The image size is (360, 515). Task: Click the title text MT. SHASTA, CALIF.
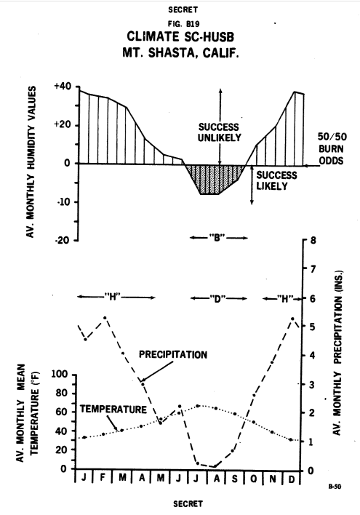point(180,52)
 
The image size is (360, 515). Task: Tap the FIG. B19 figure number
point(183,24)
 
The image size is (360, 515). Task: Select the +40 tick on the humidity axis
point(63,87)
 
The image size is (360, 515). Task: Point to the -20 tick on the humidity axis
point(63,240)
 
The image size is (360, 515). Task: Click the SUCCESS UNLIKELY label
point(220,132)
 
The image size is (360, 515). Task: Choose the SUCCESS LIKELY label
point(276,180)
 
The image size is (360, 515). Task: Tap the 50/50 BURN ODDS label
point(332,148)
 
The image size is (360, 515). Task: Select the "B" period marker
point(218,237)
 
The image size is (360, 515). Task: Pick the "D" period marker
point(218,298)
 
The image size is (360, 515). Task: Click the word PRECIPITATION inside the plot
point(173,355)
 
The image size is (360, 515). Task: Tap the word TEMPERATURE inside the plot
point(113,410)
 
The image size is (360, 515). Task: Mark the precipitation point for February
point(105,318)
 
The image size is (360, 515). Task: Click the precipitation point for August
point(215,466)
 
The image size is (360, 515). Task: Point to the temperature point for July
point(198,406)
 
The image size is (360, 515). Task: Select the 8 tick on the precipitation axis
point(313,240)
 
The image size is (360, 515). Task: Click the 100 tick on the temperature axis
point(60,374)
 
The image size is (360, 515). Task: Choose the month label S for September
point(234,479)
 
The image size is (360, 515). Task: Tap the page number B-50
point(335,487)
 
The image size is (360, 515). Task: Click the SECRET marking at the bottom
point(188,503)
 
